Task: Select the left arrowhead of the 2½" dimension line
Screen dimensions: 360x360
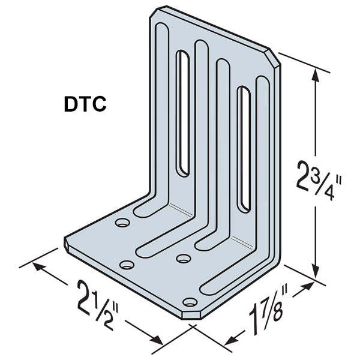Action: [40, 269]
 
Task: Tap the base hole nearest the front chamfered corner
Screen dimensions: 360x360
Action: [190, 302]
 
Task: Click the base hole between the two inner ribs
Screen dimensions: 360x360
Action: [183, 258]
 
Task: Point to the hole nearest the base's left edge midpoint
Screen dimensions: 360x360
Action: [127, 264]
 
